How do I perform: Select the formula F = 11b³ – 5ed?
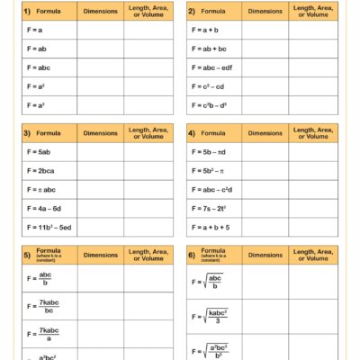(x=44, y=228)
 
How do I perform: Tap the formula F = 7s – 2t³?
(x=210, y=208)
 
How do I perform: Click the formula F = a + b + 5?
(x=211, y=228)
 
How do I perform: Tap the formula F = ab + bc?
(x=210, y=49)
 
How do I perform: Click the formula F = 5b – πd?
(x=211, y=151)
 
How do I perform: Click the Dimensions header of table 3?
(x=100, y=132)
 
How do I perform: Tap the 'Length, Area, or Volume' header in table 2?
(x=311, y=11)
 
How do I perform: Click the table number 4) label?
(x=192, y=132)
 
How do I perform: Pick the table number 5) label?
(x=27, y=255)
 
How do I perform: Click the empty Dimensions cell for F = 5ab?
(x=100, y=151)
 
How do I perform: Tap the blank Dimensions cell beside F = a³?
(x=100, y=105)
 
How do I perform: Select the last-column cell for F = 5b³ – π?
(x=311, y=170)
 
